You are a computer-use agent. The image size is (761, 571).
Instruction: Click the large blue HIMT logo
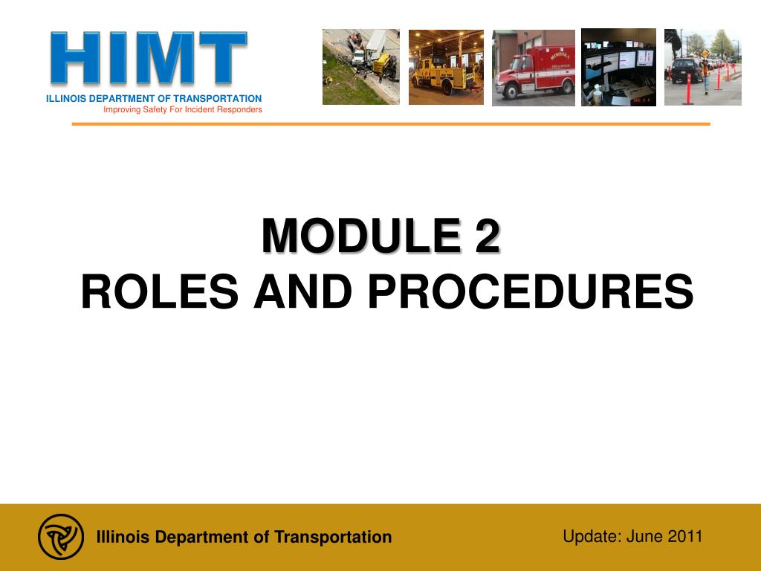click(149, 58)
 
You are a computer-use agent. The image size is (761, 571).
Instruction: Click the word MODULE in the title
click(361, 236)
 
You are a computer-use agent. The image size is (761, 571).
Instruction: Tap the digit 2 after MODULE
click(487, 236)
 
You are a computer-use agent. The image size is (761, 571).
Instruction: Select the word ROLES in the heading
click(160, 291)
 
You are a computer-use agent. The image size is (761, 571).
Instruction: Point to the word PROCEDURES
click(531, 291)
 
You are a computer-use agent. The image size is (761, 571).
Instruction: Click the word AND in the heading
click(303, 291)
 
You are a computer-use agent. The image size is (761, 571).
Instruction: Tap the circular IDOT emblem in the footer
click(61, 537)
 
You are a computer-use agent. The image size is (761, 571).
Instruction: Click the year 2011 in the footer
click(685, 537)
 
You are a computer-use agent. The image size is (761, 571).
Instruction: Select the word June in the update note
click(644, 537)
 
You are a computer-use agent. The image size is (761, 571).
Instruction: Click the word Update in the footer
click(592, 537)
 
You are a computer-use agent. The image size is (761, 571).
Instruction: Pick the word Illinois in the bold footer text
click(123, 537)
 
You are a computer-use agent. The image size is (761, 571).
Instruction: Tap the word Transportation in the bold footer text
click(333, 537)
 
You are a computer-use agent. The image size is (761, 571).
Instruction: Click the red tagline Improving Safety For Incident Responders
click(183, 110)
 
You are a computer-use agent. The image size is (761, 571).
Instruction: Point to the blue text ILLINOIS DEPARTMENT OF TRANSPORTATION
click(154, 99)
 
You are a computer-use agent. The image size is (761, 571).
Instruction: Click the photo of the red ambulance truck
click(534, 68)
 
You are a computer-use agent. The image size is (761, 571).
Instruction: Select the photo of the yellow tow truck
click(446, 67)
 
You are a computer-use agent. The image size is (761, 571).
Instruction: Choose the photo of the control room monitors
click(619, 67)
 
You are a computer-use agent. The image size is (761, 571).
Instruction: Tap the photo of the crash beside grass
click(361, 66)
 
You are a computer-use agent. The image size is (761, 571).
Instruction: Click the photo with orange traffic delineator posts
click(703, 67)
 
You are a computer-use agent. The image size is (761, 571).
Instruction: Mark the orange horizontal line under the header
click(391, 124)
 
